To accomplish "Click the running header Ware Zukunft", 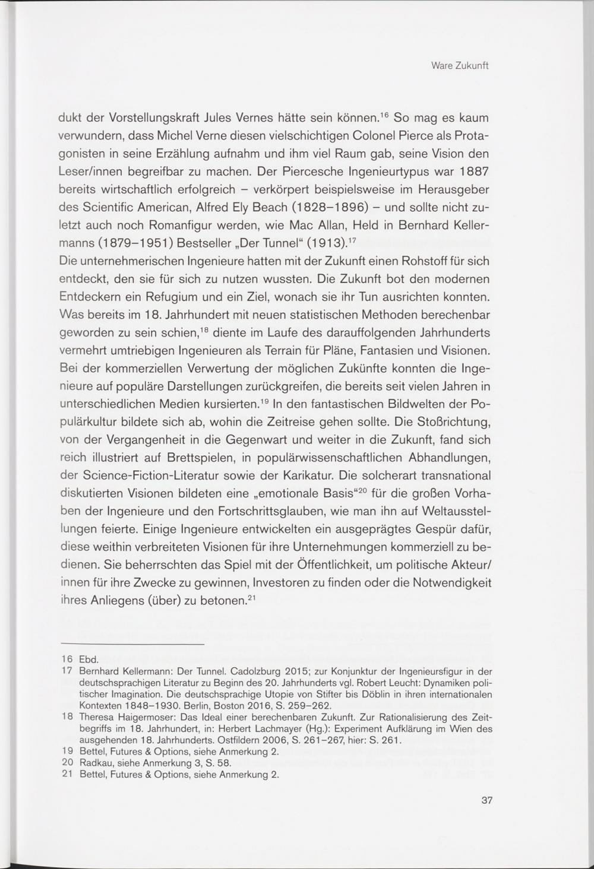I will click(x=459, y=66).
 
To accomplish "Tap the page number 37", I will click(x=486, y=801).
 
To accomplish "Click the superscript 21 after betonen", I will click(x=251, y=597).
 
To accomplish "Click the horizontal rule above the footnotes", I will click(x=132, y=645).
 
